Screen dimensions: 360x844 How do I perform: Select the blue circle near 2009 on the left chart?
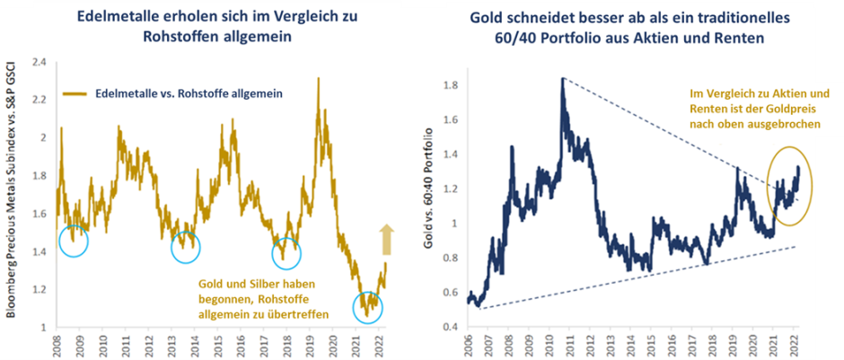(x=74, y=240)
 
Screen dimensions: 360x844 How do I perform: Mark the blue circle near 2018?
(x=286, y=252)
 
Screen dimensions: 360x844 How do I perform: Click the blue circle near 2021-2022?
(x=366, y=309)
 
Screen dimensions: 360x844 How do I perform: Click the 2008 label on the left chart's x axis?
(x=57, y=345)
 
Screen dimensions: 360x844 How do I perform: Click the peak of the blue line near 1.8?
(x=562, y=80)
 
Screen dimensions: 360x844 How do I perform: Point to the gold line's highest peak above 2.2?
(x=319, y=79)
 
